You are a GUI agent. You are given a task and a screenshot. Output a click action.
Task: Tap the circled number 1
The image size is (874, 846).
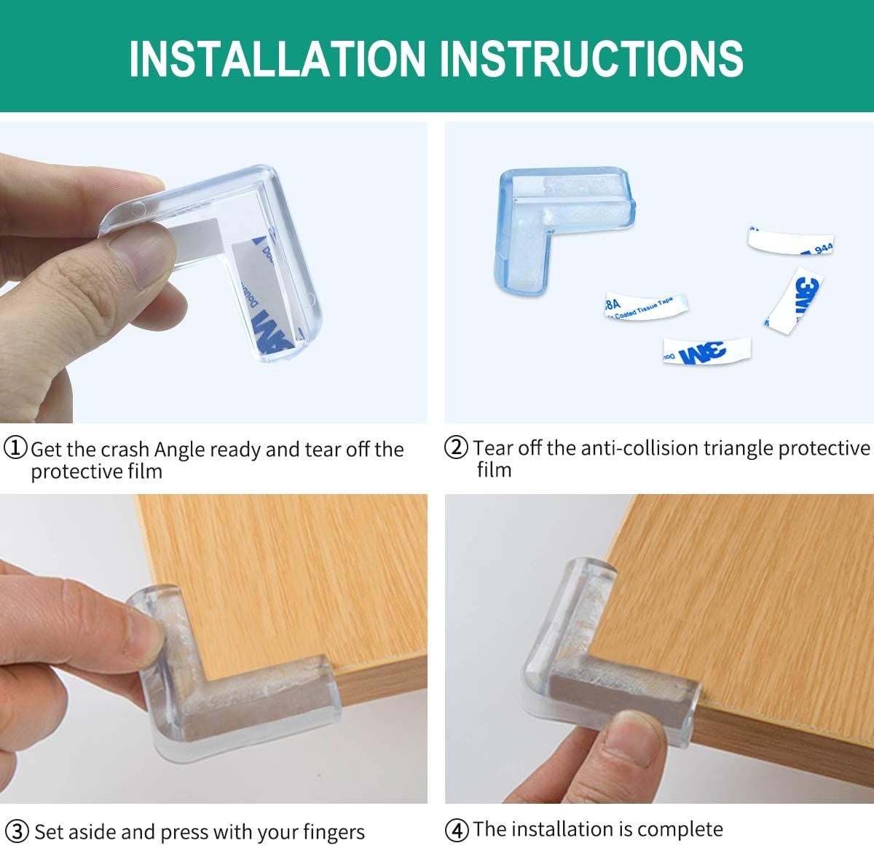coord(15,447)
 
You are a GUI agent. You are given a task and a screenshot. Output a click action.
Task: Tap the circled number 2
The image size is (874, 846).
coord(456,447)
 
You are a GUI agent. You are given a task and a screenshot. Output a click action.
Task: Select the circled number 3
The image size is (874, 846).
coord(16,831)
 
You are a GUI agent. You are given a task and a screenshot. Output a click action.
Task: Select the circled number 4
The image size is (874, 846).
coord(457,829)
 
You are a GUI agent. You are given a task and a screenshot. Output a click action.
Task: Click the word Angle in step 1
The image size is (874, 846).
coord(180,450)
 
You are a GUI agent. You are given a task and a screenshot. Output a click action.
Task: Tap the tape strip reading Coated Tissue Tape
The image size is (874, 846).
coord(645,306)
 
